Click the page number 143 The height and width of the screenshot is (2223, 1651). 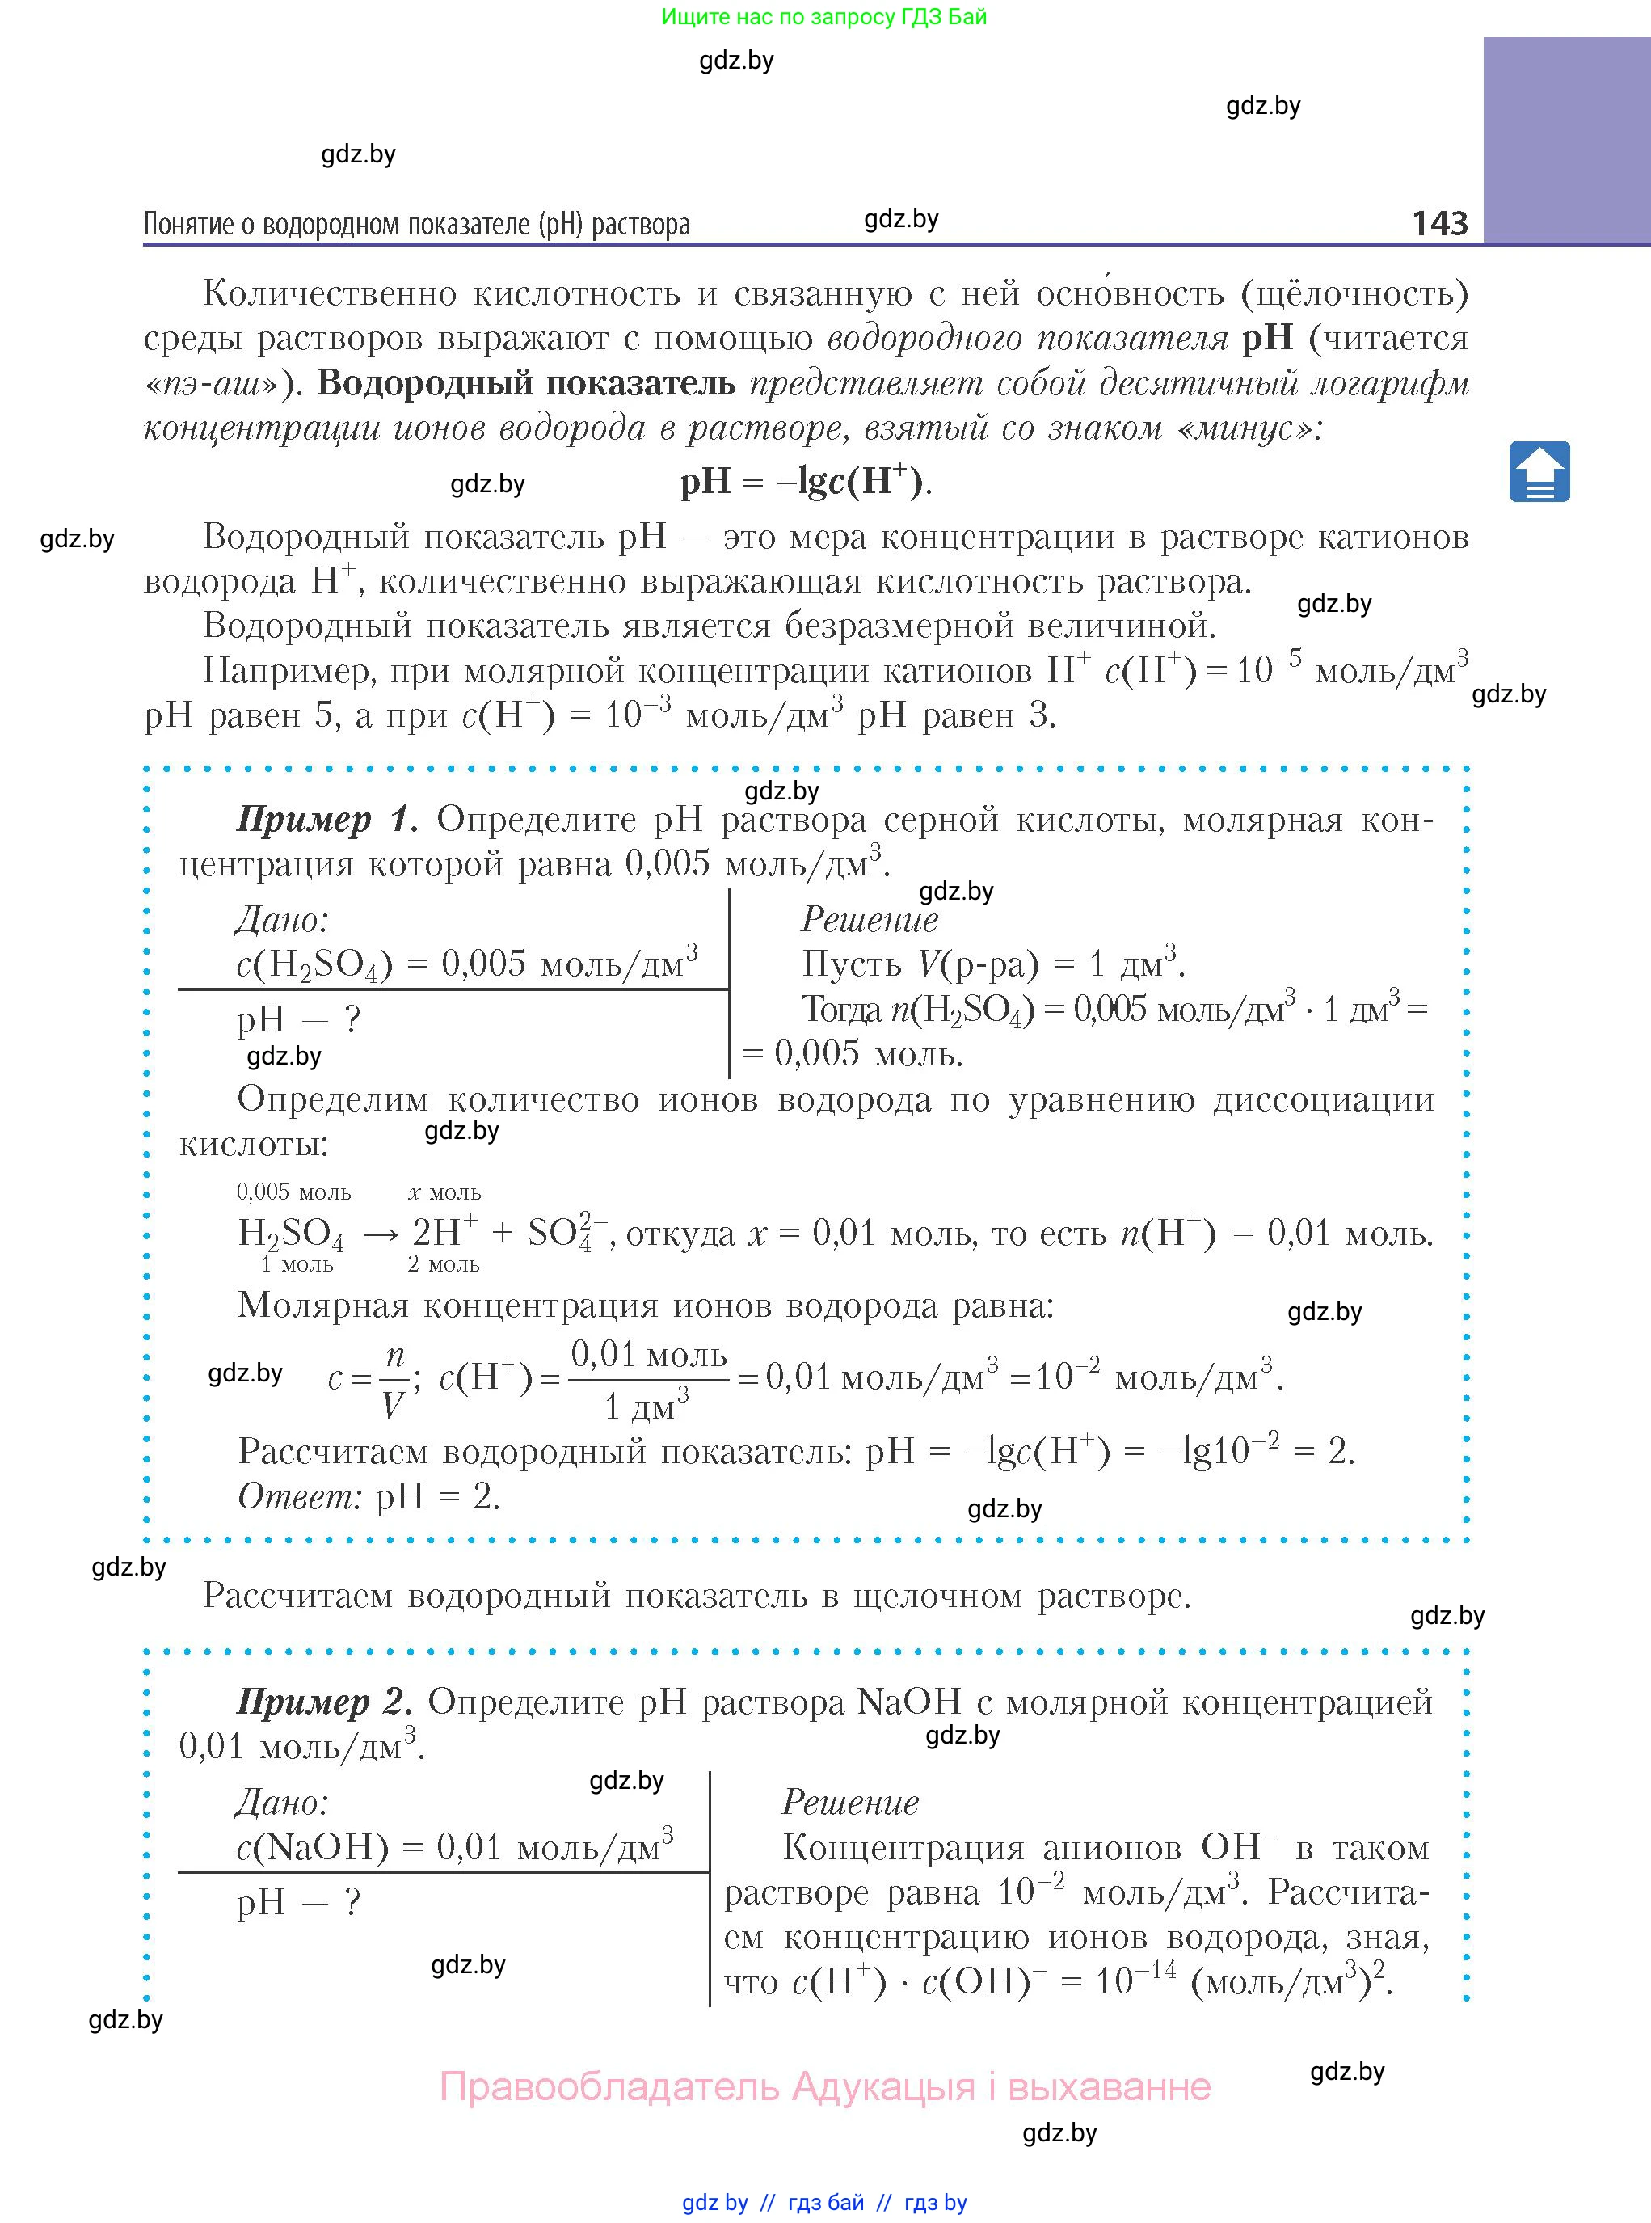1439,222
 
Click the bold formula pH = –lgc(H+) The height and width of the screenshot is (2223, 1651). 806,482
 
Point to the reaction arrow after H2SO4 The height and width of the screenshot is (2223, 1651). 380,1234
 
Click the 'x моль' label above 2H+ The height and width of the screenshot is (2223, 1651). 444,1192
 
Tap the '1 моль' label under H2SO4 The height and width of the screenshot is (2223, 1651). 297,1264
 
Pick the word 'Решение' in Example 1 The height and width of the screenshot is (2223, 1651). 870,920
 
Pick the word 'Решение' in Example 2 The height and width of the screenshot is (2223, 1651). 849,1802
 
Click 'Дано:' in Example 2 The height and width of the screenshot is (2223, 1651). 281,1802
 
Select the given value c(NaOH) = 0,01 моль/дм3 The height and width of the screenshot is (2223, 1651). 455,1846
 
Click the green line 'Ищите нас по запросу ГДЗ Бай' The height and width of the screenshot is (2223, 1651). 823,17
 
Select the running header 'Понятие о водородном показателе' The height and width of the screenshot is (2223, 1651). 417,224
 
